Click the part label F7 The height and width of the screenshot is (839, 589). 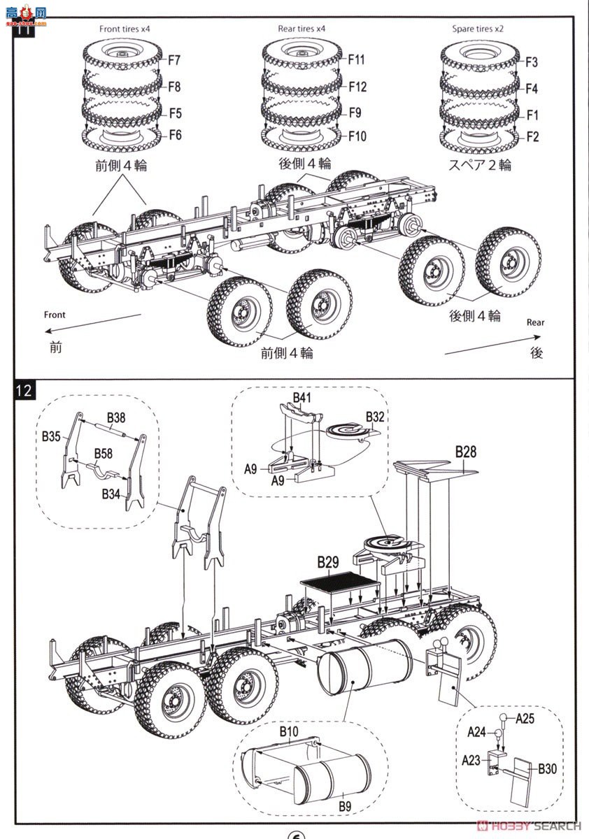pyautogui.click(x=174, y=60)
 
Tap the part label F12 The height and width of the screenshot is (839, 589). pyautogui.click(x=357, y=87)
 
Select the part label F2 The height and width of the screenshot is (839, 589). pyautogui.click(x=532, y=137)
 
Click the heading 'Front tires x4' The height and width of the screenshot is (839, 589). pyautogui.click(x=125, y=29)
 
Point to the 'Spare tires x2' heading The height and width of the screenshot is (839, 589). pyautogui.click(x=478, y=29)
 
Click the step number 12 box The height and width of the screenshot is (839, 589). pyautogui.click(x=24, y=391)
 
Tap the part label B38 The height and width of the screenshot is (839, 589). pyautogui.click(x=116, y=417)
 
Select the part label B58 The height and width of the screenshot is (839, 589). pyautogui.click(x=104, y=454)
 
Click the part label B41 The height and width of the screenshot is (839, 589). pyautogui.click(x=302, y=397)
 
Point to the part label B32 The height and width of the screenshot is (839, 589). pyautogui.click(x=375, y=417)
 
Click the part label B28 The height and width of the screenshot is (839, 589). pyautogui.click(x=466, y=452)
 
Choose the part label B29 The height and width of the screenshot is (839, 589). pyautogui.click(x=328, y=562)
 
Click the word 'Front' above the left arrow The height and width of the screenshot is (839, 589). pyautogui.click(x=55, y=315)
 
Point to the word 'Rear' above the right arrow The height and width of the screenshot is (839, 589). pyautogui.click(x=535, y=322)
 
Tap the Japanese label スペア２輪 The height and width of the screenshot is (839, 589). pyautogui.click(x=480, y=165)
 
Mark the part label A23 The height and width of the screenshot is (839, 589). pyautogui.click(x=471, y=761)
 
